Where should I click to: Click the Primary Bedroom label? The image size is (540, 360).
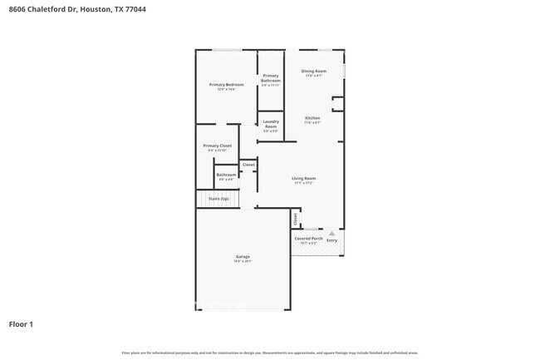coord(226,85)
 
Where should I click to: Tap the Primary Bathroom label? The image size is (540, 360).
coord(271,78)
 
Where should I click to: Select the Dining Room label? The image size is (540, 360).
coord(313,72)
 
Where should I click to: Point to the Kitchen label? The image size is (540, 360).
coord(312,118)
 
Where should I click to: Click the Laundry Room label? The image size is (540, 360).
coord(271,124)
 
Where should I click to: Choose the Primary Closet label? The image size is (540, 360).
coord(218,145)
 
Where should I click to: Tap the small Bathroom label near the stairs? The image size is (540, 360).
coord(226,175)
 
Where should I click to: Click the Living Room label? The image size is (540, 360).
coord(303,178)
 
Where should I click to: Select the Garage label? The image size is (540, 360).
coord(243,257)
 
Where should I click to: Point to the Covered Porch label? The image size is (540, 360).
coord(309,239)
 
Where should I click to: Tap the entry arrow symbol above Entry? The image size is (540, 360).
coord(332,233)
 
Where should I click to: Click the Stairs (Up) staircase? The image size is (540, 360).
coord(218,200)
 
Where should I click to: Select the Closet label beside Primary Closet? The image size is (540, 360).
coord(248,165)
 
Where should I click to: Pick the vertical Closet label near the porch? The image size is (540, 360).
coord(295,219)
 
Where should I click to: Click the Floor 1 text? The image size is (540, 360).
coord(22,323)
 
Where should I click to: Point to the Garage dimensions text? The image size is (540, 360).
coord(243,262)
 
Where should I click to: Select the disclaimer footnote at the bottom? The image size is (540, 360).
coord(270,353)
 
